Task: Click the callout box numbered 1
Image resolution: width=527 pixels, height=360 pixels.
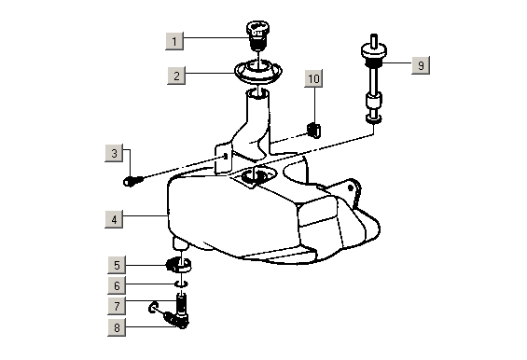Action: (174, 41)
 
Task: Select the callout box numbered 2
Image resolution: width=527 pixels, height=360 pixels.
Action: (176, 76)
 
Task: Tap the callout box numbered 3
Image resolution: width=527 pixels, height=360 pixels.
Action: (114, 153)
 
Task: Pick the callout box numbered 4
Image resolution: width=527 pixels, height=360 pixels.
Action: (114, 219)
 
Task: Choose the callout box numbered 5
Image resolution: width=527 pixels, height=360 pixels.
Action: (117, 265)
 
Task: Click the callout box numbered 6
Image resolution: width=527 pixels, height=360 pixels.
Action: (117, 285)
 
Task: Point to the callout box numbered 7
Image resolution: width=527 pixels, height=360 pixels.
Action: (117, 306)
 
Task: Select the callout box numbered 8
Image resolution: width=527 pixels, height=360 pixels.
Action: (117, 327)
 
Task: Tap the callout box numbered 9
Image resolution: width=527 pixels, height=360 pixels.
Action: (421, 65)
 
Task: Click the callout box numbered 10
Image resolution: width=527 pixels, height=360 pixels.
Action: (313, 78)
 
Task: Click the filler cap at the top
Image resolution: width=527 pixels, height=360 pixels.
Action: (257, 35)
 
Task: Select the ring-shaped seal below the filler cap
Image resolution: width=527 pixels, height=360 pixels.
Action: (258, 70)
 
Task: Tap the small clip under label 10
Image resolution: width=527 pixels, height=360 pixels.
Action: (314, 130)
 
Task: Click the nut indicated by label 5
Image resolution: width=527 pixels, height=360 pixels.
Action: (179, 265)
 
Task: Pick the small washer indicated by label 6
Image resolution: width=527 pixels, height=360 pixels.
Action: (181, 284)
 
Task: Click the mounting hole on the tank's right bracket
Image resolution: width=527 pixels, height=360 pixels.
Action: (351, 187)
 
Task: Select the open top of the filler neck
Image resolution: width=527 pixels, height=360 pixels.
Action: (257, 93)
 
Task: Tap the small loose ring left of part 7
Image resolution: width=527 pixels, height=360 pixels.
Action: (153, 307)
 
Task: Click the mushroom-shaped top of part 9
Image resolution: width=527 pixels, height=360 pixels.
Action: (374, 51)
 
